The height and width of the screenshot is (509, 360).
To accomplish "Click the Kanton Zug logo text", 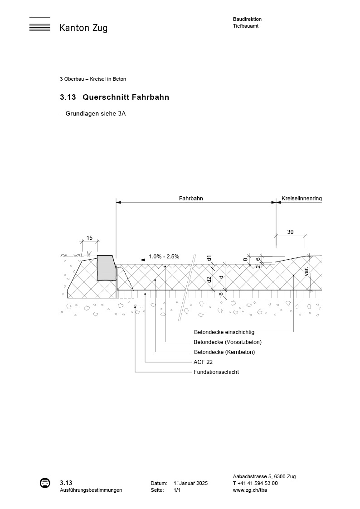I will click(x=83, y=28).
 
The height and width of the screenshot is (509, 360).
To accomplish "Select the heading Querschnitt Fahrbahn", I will click(x=126, y=97).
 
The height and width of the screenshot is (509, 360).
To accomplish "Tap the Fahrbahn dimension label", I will click(x=190, y=199).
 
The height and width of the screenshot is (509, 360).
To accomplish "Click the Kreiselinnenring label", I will click(x=302, y=199).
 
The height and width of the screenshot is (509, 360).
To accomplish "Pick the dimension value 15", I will click(x=89, y=238).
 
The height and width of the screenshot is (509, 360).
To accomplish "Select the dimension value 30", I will click(x=290, y=232).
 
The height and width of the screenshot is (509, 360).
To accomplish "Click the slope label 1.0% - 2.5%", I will click(x=164, y=257).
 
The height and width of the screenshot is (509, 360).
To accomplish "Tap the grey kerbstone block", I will click(x=106, y=268).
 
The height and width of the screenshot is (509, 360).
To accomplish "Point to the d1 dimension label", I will click(x=209, y=258).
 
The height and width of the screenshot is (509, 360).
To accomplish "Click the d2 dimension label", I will click(x=209, y=280).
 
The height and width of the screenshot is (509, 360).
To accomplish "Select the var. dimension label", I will click(x=306, y=271).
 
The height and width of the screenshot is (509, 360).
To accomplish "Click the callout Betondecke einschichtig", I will click(x=224, y=332).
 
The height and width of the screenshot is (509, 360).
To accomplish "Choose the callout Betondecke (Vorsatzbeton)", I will click(x=227, y=342).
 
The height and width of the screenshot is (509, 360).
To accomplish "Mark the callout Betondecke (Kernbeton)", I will click(x=224, y=352).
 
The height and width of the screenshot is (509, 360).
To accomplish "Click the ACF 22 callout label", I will click(x=203, y=362).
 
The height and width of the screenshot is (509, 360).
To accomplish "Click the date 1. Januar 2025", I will click(x=190, y=484).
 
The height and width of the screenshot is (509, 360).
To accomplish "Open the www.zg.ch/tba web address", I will click(x=249, y=490).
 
